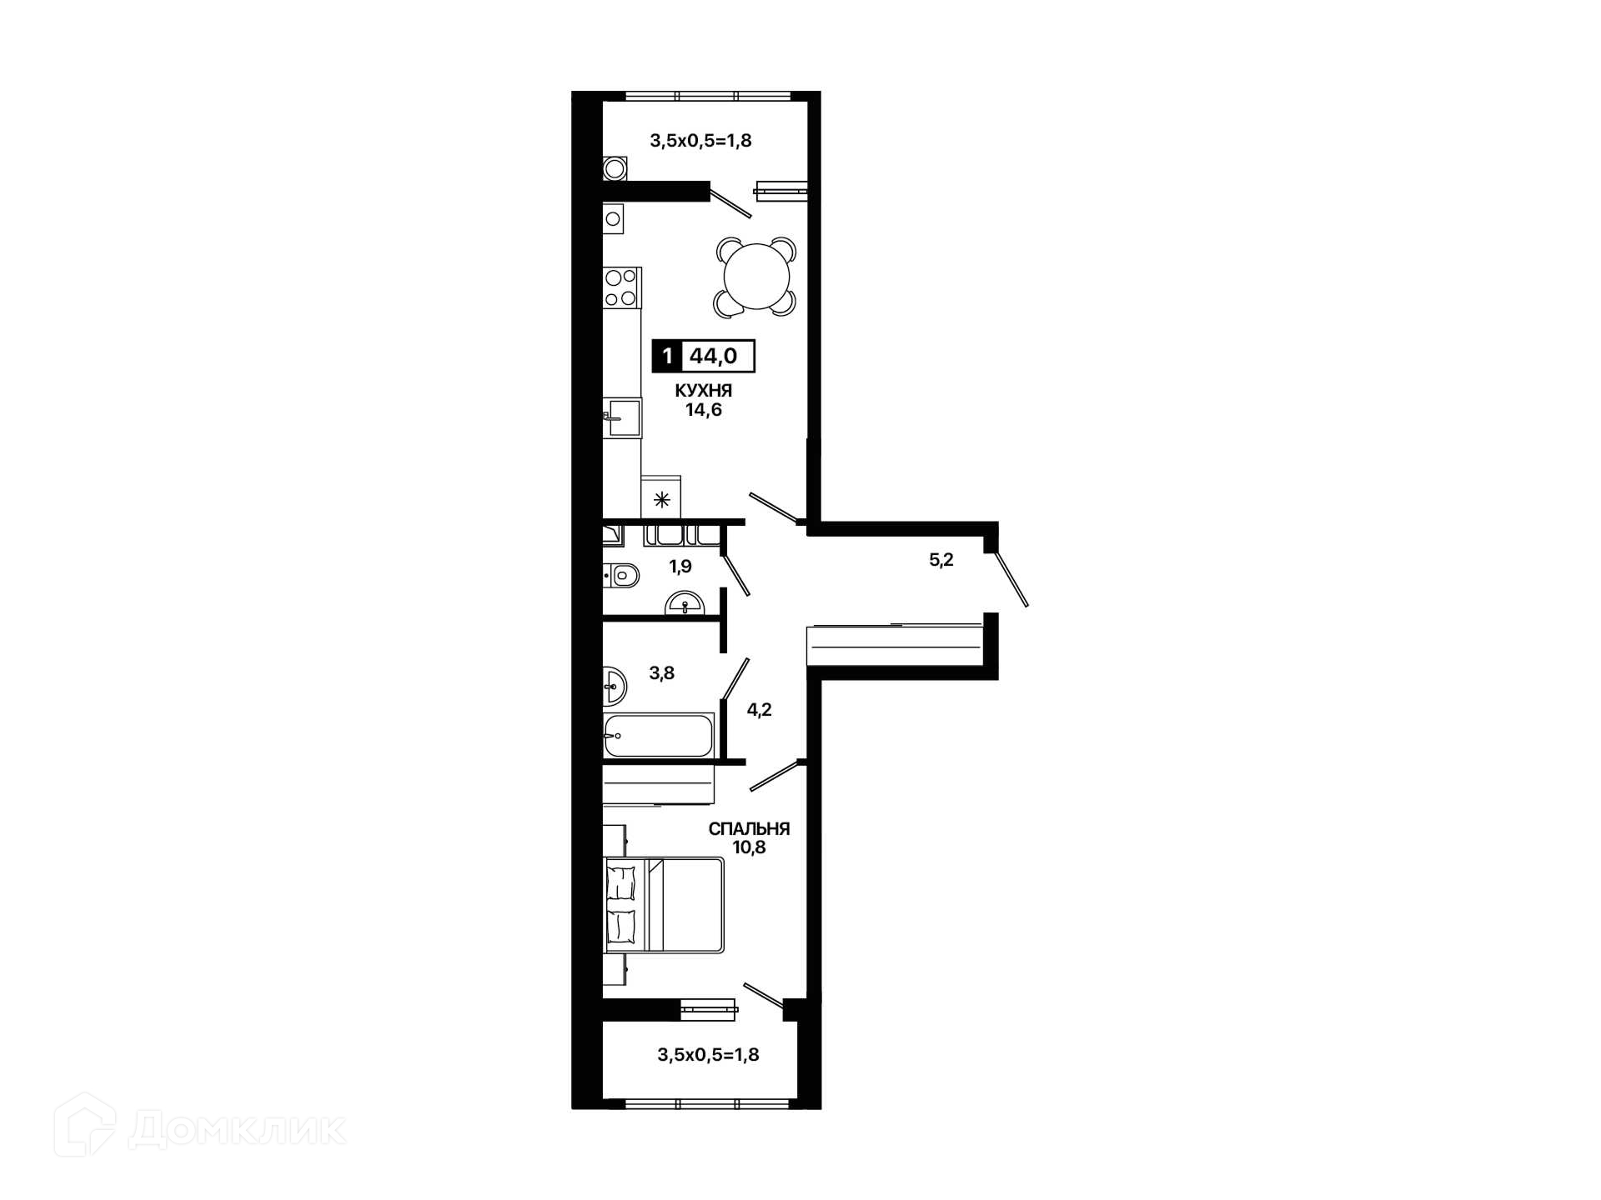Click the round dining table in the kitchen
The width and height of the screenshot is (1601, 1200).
click(756, 277)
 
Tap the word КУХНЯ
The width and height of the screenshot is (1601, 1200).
click(704, 390)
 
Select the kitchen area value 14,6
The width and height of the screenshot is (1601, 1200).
click(704, 410)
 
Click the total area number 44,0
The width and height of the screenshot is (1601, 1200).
click(714, 356)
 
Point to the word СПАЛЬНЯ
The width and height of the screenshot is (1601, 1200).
click(749, 829)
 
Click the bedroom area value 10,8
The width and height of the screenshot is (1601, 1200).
click(749, 848)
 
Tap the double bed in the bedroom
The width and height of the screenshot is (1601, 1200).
click(665, 905)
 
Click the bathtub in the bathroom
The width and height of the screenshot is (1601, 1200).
click(659, 734)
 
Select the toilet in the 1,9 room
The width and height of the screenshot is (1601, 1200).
click(621, 575)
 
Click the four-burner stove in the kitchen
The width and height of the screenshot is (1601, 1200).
click(622, 287)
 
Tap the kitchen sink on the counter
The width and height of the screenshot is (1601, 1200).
click(622, 417)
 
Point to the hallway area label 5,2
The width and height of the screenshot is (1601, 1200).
click(941, 560)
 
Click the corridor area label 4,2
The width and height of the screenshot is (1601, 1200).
click(759, 710)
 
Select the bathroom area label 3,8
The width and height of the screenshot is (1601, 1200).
click(662, 673)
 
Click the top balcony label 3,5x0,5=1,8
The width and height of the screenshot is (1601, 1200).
click(700, 140)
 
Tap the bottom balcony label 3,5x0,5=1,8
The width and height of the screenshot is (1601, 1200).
click(708, 1055)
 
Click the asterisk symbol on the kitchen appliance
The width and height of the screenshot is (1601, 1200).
click(661, 500)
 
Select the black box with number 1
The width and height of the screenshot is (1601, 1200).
click(667, 356)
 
